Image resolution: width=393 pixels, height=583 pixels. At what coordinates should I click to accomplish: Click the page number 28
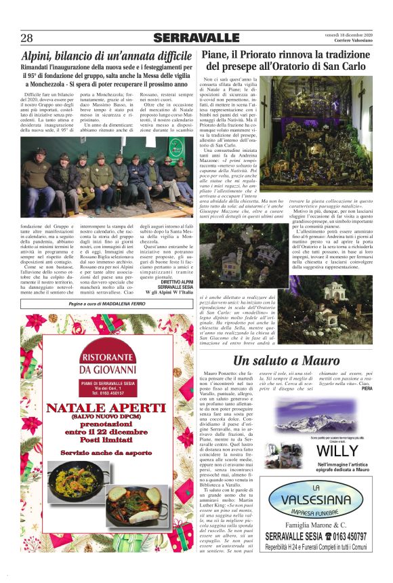coord(27,37)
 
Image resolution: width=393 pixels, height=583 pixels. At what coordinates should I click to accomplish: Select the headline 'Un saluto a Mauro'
coord(287,360)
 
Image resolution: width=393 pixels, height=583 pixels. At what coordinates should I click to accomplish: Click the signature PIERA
coord(367,388)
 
